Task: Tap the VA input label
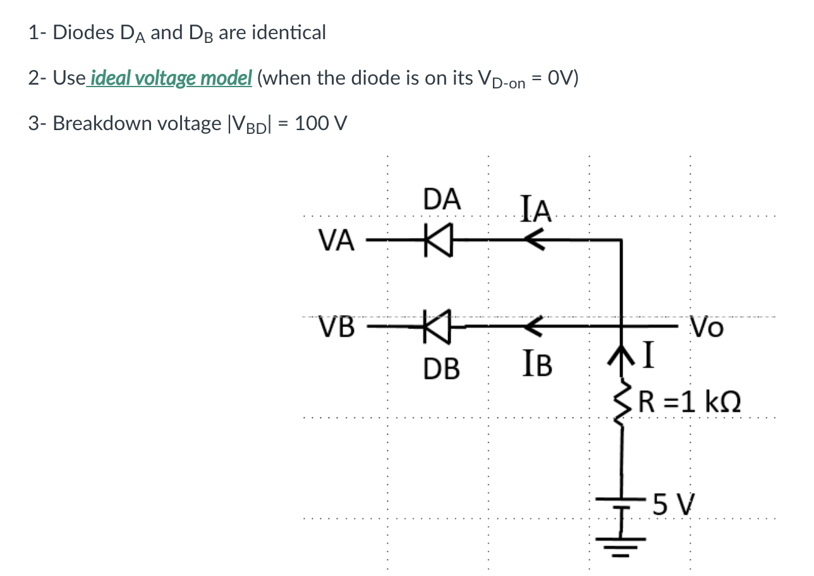point(337,241)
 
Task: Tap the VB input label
point(337,327)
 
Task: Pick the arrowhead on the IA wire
point(533,240)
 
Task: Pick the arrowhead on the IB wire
point(533,327)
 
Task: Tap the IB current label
point(538,366)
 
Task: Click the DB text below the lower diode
point(442,368)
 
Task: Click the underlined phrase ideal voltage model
point(171,78)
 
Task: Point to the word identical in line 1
point(289,32)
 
